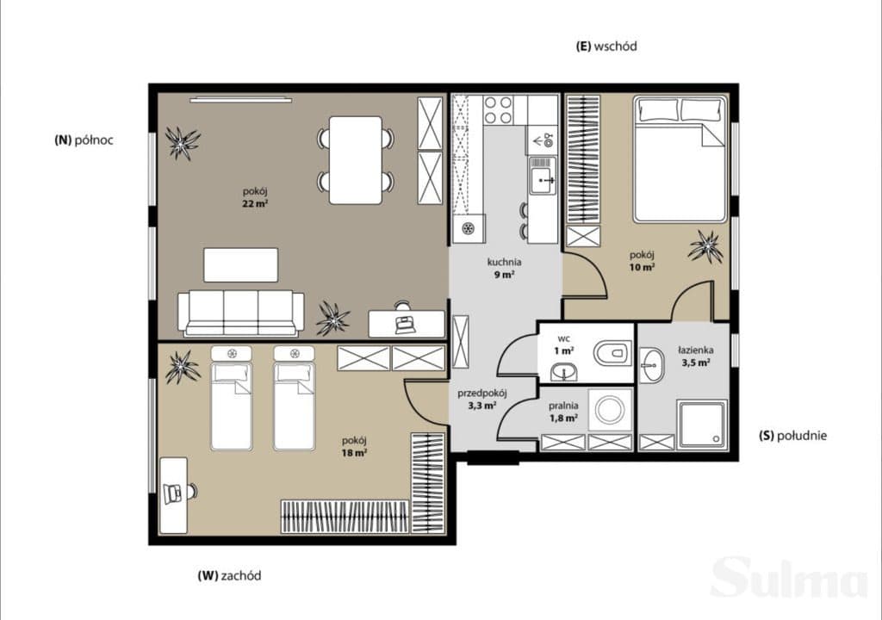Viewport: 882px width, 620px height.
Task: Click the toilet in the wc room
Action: pos(611,353)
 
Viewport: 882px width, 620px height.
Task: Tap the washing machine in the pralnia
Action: pos(611,409)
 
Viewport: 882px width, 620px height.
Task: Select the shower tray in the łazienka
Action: pos(701,425)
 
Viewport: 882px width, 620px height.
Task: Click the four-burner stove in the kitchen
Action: pos(499,109)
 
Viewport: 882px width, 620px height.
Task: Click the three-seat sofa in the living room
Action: pos(241,313)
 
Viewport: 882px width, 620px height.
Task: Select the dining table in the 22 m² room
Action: pos(356,160)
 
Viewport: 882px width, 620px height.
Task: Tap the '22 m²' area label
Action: pos(255,204)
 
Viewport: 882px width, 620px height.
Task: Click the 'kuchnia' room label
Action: pos(504,262)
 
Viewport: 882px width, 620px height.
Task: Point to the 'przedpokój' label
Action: pos(482,394)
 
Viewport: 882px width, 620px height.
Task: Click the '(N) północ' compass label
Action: pos(84,140)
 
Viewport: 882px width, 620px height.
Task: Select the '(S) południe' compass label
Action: pos(792,435)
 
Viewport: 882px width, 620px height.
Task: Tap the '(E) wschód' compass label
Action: pos(606,46)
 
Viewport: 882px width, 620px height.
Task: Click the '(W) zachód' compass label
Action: pos(229,575)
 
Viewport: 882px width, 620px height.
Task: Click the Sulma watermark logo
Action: pos(789,577)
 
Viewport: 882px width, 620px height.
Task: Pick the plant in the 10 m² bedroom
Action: pos(705,246)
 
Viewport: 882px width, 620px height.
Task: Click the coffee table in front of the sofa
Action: pos(241,264)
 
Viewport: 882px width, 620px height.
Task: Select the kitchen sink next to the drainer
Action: pos(543,180)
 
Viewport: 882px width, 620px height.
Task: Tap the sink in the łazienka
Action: pos(651,364)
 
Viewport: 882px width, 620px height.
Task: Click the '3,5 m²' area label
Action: pos(696,363)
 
